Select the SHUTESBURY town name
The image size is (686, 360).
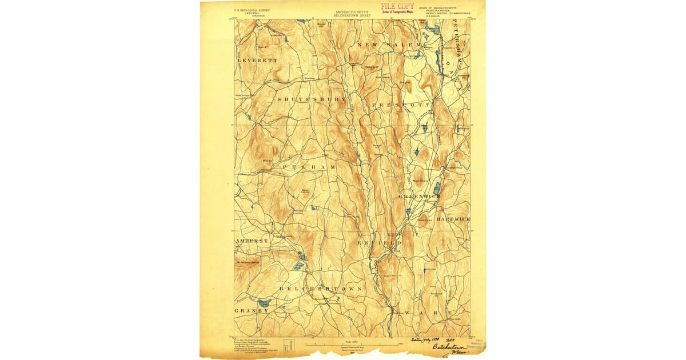click(312, 99)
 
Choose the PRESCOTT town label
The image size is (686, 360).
click(400, 106)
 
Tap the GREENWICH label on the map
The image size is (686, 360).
click(420, 196)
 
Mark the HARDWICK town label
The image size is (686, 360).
click(453, 219)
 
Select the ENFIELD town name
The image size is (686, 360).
click(380, 243)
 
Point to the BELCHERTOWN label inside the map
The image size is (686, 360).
click(320, 290)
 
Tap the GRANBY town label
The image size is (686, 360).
click(251, 311)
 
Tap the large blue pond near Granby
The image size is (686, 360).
click(264, 302)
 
